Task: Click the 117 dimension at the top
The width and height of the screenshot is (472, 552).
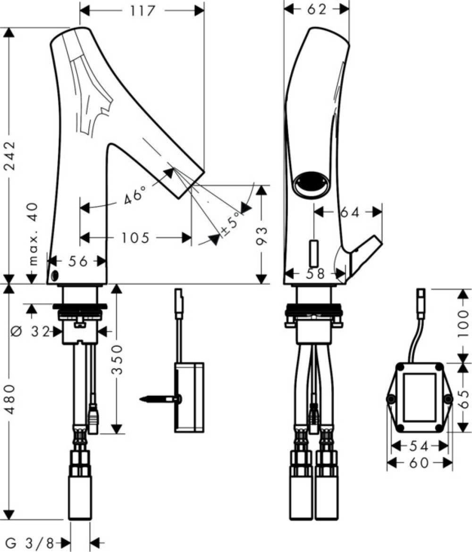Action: (x=142, y=11)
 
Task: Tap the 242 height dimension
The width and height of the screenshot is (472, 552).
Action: (x=10, y=156)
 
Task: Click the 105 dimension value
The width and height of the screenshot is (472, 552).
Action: (x=135, y=238)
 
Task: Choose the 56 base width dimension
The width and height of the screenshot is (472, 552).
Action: (x=78, y=261)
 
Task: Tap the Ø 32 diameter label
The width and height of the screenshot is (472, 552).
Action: (x=31, y=331)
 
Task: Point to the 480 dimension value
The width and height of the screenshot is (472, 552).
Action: (x=10, y=399)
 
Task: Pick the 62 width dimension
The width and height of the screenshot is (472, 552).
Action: (x=317, y=9)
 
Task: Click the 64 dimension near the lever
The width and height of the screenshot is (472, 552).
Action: (x=350, y=212)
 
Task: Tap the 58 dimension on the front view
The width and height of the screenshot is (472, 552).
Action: (x=315, y=274)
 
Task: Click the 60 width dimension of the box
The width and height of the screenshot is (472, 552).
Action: (x=419, y=462)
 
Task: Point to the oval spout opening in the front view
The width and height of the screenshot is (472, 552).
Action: (x=312, y=184)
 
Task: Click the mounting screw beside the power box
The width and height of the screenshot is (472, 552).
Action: (x=160, y=399)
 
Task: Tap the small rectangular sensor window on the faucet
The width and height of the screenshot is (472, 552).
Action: (x=314, y=253)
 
